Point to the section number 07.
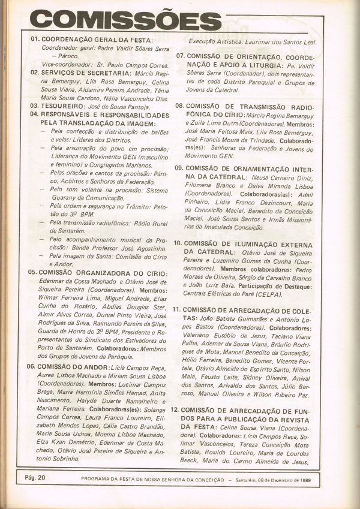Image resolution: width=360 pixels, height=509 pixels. pos(179,56)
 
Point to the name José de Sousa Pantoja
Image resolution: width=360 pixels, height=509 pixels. pos(121,106)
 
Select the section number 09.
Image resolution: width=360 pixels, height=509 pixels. pos(179,168)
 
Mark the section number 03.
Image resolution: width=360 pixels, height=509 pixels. pos(34,106)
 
